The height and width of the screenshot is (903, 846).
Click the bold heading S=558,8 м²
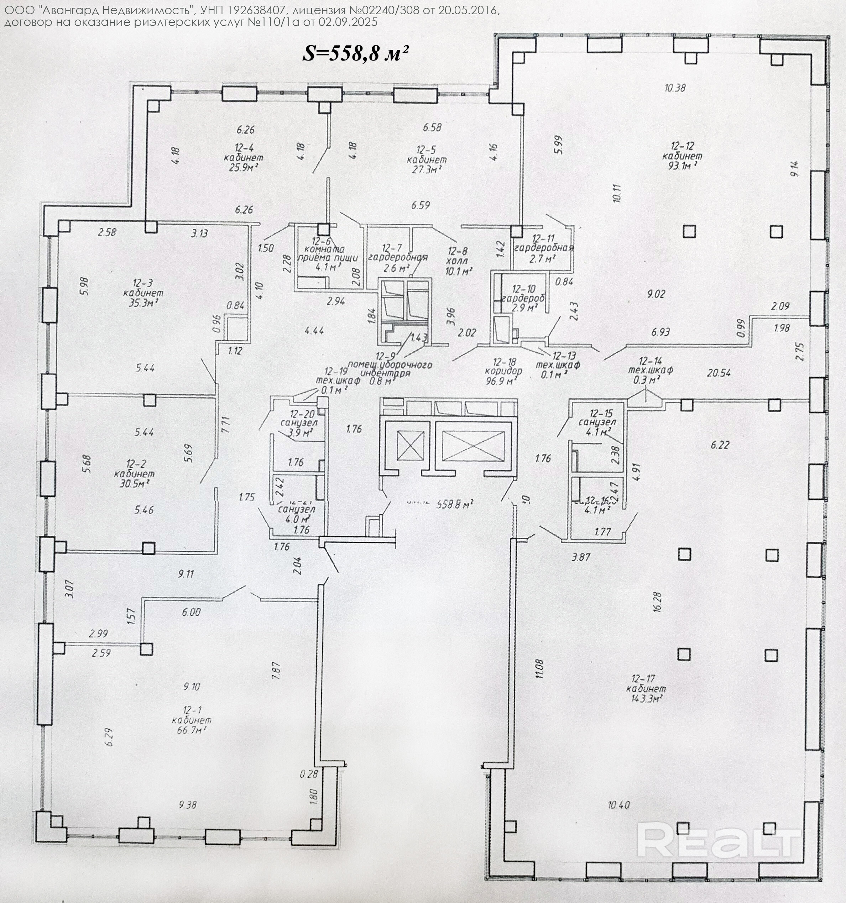pyautogui.click(x=354, y=54)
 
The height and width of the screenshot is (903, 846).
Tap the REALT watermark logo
pyautogui.click(x=719, y=841)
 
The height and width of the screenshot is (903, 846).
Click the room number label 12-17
pyautogui.click(x=643, y=679)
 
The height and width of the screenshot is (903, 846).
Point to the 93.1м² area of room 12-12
pyautogui.click(x=682, y=166)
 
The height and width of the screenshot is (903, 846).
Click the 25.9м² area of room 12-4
pyautogui.click(x=244, y=168)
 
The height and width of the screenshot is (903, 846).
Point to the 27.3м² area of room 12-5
pyautogui.click(x=427, y=169)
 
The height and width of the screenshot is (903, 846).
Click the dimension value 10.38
pyautogui.click(x=675, y=88)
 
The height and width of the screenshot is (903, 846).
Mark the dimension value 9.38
pyautogui.click(x=187, y=805)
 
